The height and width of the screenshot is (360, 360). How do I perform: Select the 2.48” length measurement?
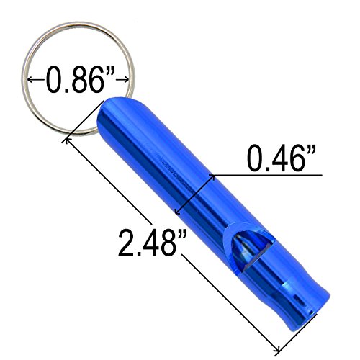pyautogui.click(x=152, y=243)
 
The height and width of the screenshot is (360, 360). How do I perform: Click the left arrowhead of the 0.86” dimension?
pyautogui.click(x=30, y=79)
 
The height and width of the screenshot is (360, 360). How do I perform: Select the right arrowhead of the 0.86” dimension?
pyautogui.click(x=126, y=79)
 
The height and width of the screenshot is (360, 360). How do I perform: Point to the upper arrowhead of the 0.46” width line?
pyautogui.click(x=212, y=177)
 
